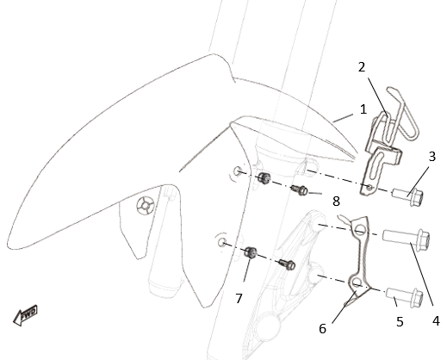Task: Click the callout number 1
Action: (363, 109)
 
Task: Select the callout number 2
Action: (362, 67)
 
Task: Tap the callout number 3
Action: (431, 157)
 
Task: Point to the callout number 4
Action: (436, 320)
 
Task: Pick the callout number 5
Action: (400, 322)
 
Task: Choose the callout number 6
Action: (322, 329)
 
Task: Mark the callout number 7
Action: (239, 299)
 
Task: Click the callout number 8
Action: (336, 202)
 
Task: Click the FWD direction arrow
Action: (25, 315)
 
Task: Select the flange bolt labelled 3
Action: (407, 196)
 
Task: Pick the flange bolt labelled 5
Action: (405, 296)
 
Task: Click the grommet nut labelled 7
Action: (251, 252)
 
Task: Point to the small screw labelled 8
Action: (299, 190)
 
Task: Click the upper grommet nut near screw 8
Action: (264, 178)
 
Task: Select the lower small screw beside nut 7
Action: (287, 264)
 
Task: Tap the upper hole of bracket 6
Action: (360, 229)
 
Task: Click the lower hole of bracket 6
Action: (357, 282)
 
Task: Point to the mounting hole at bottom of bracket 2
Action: (369, 188)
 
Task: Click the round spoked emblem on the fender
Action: (146, 206)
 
